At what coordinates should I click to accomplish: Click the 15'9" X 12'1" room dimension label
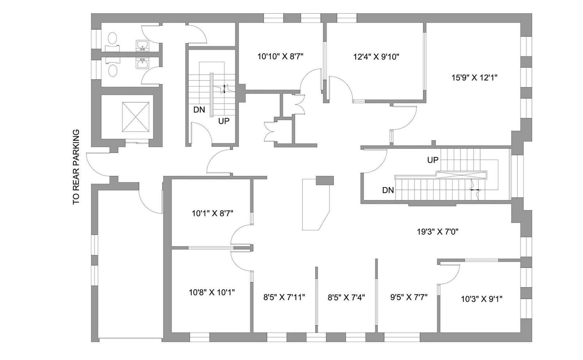[x=474, y=78]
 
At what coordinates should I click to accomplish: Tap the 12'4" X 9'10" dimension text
[x=376, y=56]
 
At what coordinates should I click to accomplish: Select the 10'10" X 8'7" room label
[x=280, y=56]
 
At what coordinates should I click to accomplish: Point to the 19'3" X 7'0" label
[x=437, y=231]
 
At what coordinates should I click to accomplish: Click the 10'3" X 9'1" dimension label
[x=481, y=299]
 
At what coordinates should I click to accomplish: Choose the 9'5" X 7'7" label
[x=408, y=297]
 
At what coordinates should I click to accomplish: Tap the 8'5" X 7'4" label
[x=346, y=297]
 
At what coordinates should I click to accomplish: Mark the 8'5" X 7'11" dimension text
[x=284, y=297]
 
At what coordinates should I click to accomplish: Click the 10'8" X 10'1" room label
[x=212, y=292]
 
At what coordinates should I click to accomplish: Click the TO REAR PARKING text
[x=76, y=167]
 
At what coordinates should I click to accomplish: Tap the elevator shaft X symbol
[x=136, y=117]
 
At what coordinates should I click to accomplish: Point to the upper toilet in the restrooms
[x=113, y=38]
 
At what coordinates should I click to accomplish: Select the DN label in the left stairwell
[x=199, y=110]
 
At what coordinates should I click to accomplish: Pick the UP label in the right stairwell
[x=433, y=160]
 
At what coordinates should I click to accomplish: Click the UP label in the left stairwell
[x=224, y=121]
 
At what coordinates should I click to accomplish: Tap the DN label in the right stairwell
[x=388, y=190]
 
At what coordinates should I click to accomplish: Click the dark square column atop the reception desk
[x=325, y=181]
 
